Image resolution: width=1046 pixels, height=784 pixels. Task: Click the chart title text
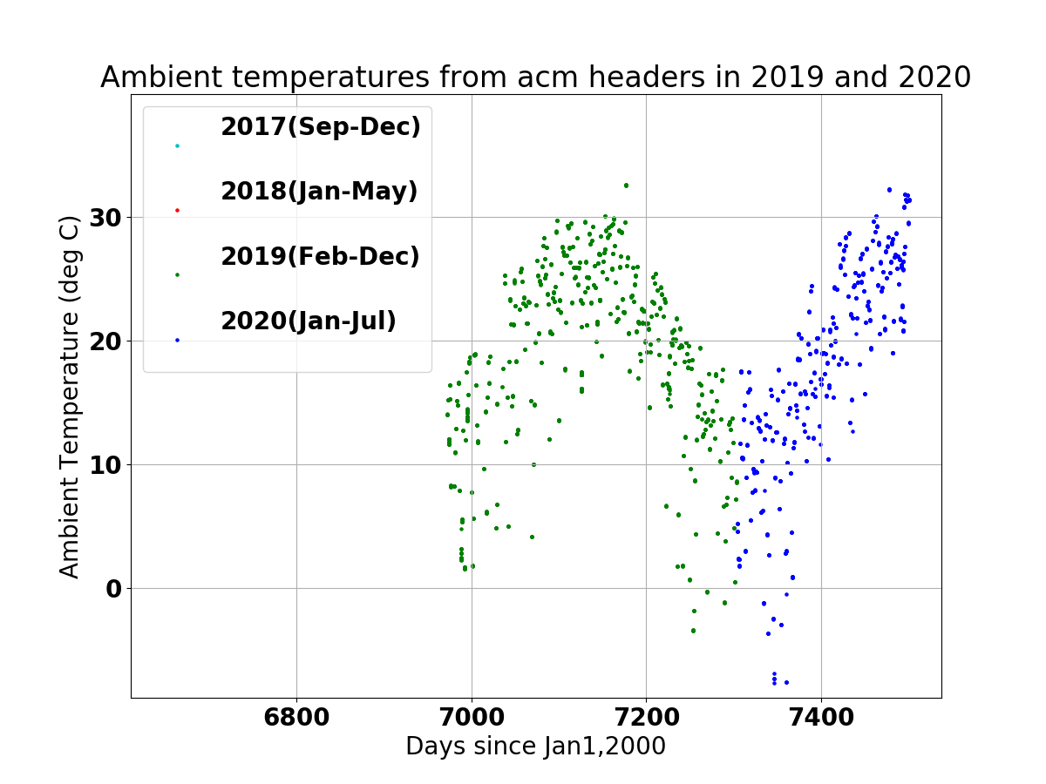tap(535, 77)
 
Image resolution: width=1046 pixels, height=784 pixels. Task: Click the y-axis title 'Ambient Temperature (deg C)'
tap(69, 397)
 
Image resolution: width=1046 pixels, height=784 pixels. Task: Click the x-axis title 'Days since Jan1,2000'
tap(535, 746)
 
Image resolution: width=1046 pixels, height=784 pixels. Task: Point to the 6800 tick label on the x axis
tap(296, 717)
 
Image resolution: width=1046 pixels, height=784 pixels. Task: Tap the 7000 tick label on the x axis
tap(472, 717)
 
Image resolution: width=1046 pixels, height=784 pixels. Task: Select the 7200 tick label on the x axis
tap(647, 717)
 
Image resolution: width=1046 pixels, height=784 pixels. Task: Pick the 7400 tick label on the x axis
tap(822, 717)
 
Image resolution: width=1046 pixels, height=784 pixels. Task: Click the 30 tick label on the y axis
tap(105, 218)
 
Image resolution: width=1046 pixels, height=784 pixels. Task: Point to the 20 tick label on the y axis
tap(105, 341)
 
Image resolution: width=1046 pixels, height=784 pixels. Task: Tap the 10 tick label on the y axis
tap(105, 465)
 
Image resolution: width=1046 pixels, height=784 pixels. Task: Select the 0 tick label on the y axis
tap(113, 589)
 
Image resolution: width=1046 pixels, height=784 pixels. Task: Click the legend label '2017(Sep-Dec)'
tap(321, 126)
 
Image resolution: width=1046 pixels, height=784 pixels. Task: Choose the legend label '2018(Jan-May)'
tap(319, 192)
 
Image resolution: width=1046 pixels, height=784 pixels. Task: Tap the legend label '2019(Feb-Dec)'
tap(320, 256)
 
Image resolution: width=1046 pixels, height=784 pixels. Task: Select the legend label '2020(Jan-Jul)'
tap(309, 321)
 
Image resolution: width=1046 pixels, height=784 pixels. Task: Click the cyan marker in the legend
tap(177, 146)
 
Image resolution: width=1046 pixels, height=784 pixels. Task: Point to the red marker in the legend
tap(177, 211)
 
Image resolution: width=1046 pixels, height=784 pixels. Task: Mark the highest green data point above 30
tap(626, 186)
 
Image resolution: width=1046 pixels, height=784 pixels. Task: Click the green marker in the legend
tap(177, 275)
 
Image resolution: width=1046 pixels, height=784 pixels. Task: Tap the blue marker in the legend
tap(177, 341)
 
